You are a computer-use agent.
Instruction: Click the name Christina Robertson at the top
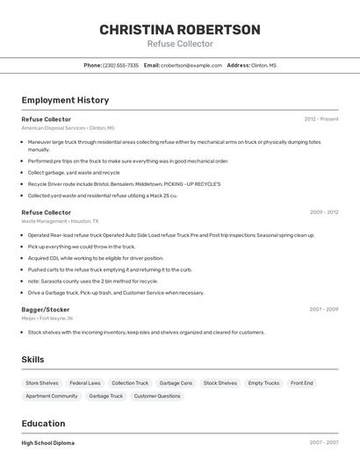pos(179,30)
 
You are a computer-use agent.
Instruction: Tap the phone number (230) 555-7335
pos(120,65)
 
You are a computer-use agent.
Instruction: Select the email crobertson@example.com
pos(191,65)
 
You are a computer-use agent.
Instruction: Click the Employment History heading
pos(65,100)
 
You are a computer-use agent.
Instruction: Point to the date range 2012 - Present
pos(320,118)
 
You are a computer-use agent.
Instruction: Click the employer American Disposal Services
pos(54,128)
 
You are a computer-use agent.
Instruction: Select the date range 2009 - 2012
pos(324,212)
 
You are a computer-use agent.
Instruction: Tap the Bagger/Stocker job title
pos(46,310)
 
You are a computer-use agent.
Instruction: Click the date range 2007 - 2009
pos(324,310)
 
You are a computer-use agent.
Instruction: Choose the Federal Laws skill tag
pos(85,383)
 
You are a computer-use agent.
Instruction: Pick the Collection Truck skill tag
pos(130,383)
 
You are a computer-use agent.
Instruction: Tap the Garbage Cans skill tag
pos(176,383)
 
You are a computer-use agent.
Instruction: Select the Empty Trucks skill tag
pos(263,383)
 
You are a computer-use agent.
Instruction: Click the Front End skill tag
pos(302,383)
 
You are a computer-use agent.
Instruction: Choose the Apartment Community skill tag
pos(52,396)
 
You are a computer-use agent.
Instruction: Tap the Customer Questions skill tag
pos(157,396)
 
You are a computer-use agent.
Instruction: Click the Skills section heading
pos(33,360)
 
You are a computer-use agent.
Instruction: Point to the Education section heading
pos(44,423)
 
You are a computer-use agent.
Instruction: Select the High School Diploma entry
pos(48,443)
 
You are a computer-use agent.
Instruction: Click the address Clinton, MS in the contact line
pos(263,65)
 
